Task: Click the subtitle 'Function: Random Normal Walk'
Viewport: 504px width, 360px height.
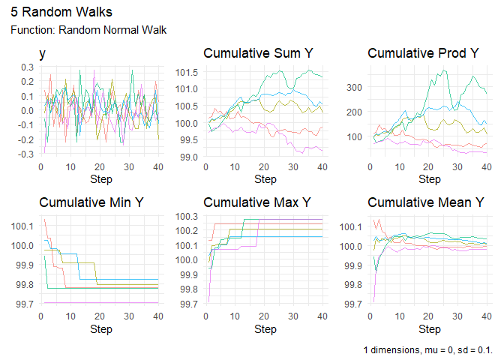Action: click(x=88, y=30)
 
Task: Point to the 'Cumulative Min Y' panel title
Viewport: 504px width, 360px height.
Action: click(x=93, y=203)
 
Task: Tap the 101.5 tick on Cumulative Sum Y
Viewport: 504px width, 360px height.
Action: click(x=186, y=72)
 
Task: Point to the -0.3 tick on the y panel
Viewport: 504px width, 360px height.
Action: click(x=26, y=154)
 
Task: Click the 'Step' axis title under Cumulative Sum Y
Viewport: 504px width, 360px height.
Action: click(x=265, y=180)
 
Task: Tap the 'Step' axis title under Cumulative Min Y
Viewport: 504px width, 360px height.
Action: click(x=100, y=329)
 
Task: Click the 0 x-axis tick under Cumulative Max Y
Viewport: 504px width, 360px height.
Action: click(x=205, y=316)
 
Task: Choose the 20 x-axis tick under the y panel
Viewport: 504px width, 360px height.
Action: click(x=98, y=167)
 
